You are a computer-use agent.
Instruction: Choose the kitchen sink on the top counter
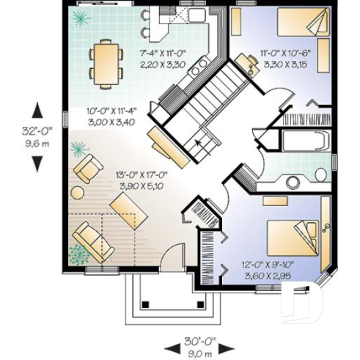(195, 15)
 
